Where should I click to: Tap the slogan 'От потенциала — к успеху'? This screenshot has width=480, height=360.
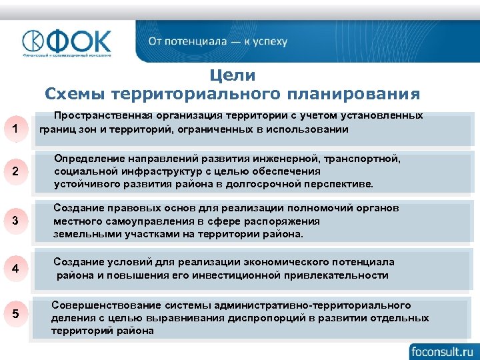[x=217, y=41]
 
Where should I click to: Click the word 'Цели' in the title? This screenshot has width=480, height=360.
[x=232, y=75]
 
